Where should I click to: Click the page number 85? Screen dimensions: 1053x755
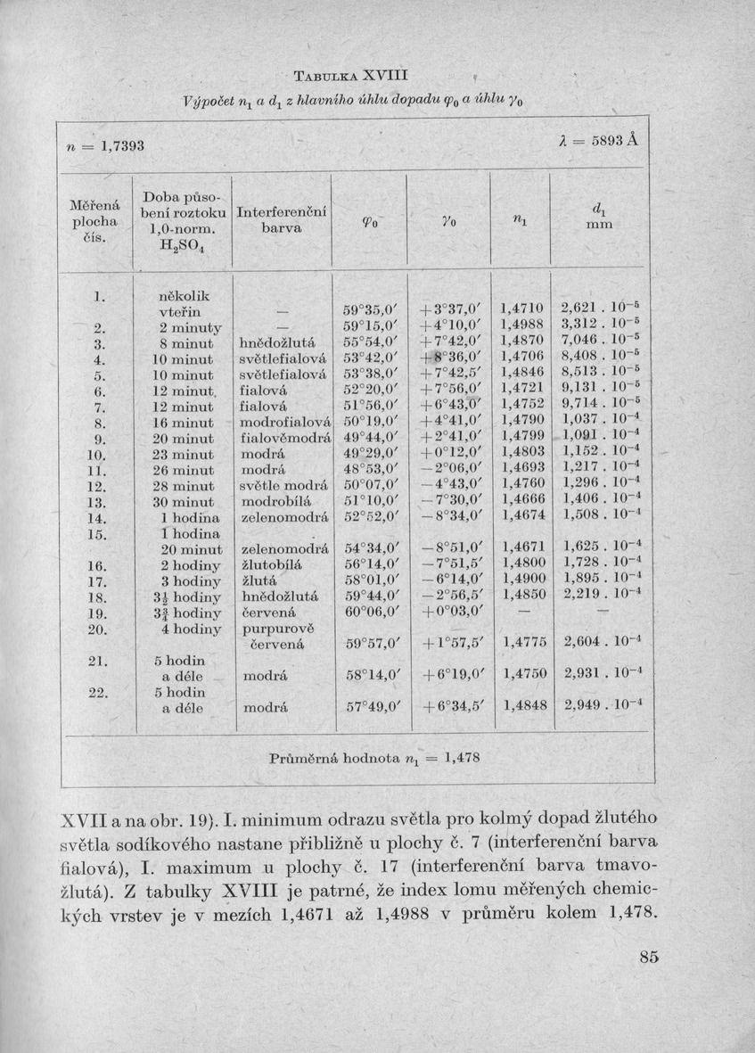648,958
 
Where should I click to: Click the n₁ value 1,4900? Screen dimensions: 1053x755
523,581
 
